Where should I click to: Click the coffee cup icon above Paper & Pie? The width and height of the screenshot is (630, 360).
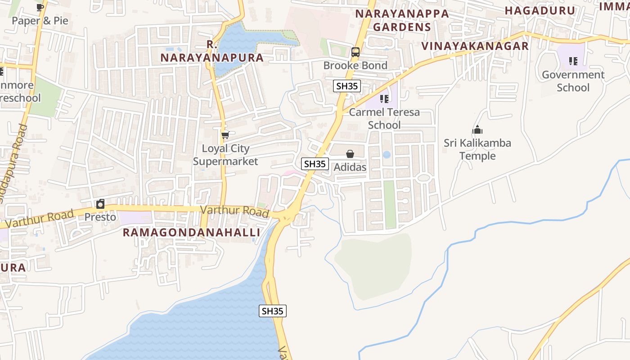pos(40,7)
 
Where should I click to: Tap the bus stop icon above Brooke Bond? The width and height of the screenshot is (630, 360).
pos(355,52)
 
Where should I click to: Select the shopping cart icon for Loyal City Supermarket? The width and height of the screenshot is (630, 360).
pos(225,135)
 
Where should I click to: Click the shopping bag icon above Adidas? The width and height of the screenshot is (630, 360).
pos(350,154)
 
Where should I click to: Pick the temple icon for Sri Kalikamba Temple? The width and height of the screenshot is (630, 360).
pos(477,130)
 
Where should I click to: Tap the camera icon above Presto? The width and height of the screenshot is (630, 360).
pos(100,204)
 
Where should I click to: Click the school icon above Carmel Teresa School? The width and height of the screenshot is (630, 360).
pos(384,99)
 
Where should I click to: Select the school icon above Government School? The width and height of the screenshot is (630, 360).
pos(573,61)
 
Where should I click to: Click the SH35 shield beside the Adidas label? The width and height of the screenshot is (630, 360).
pos(315,164)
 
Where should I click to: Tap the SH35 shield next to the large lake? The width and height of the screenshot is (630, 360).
pos(273,310)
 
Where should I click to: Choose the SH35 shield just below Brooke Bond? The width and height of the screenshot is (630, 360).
pos(347,86)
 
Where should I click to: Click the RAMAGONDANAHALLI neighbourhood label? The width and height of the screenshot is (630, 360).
pos(191,232)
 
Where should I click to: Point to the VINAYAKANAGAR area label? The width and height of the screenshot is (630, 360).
pos(475,46)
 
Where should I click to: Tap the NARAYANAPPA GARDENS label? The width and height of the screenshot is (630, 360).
pos(402,20)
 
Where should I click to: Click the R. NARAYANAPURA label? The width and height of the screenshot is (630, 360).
pos(212,51)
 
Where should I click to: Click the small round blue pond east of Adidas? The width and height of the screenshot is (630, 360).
pos(387,155)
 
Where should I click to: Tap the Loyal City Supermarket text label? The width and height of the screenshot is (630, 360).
pos(225,155)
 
